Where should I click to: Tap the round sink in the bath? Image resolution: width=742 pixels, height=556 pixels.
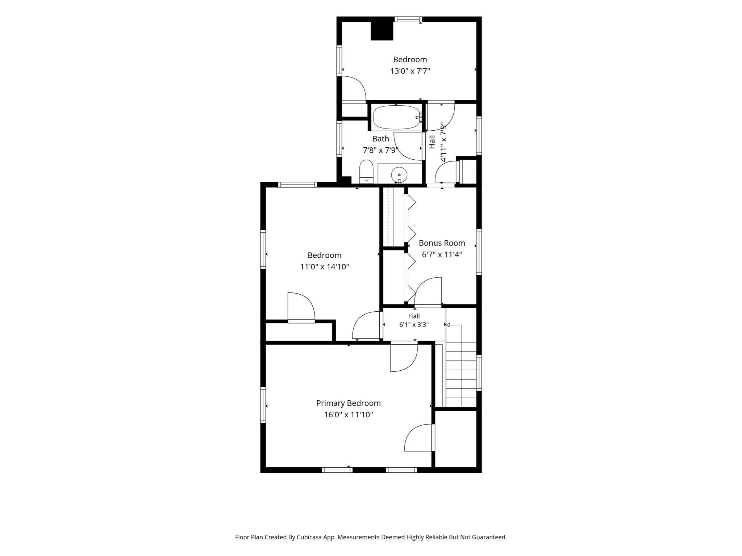click(399, 175)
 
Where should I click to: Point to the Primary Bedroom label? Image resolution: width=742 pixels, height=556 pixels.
click(348, 403)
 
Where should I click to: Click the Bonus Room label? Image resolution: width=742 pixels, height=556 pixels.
click(442, 243)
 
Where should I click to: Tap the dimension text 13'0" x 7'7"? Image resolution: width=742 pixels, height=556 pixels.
click(410, 71)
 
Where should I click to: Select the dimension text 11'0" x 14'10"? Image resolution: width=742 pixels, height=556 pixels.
click(325, 267)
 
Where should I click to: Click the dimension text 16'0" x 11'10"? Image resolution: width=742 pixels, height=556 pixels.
click(349, 414)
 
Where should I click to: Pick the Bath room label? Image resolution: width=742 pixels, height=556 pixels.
click(381, 139)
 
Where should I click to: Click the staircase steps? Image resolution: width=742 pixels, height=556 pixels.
click(461, 374)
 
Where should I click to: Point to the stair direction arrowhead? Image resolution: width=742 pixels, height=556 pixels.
click(448, 325)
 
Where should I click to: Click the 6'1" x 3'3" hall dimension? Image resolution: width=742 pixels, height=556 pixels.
click(414, 325)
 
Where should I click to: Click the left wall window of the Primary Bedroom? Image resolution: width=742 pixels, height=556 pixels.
click(263, 405)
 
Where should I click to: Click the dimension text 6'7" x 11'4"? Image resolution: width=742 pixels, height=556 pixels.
click(442, 254)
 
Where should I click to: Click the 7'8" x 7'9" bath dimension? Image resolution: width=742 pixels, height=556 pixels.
click(381, 150)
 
